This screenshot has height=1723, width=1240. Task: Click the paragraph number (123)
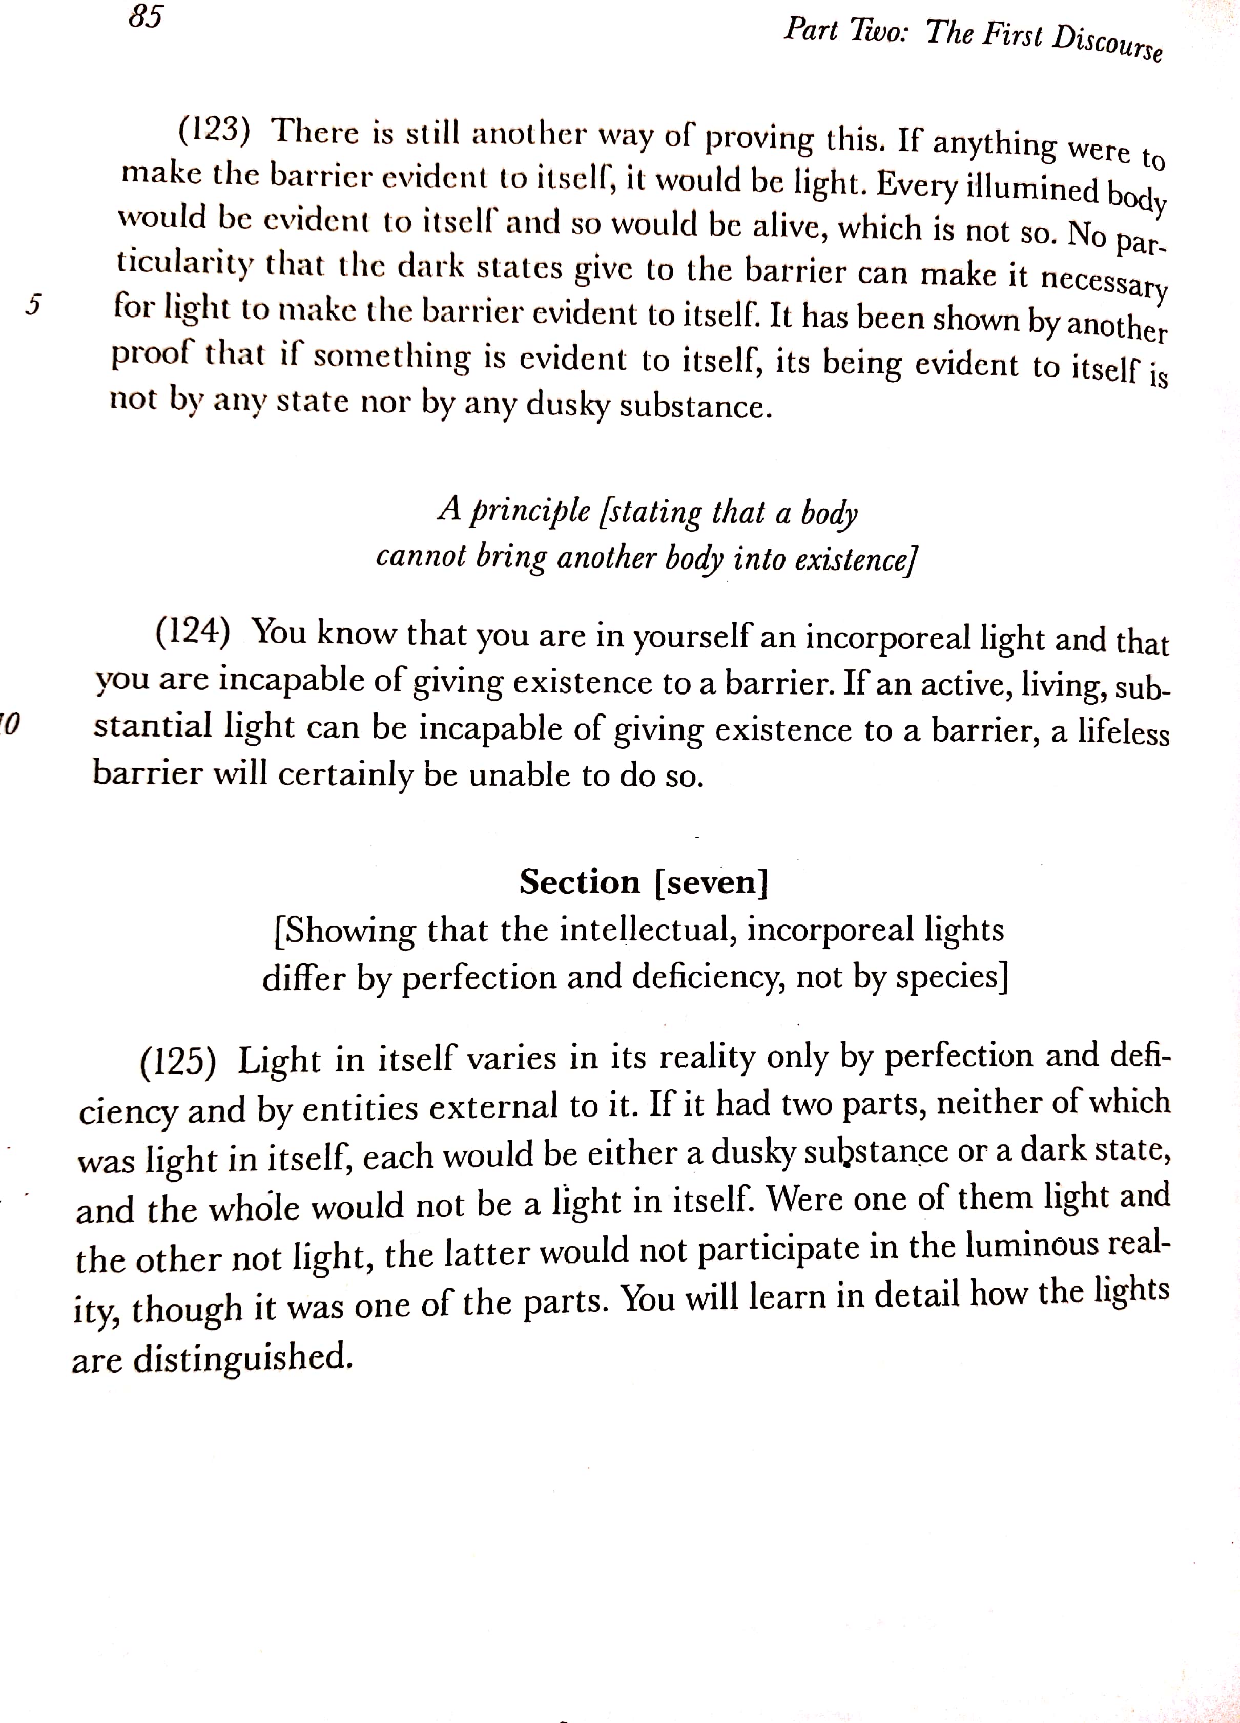point(214,130)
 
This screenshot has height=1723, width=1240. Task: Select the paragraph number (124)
point(193,632)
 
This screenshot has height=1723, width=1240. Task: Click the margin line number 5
point(32,305)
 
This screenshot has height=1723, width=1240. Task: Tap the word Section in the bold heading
point(580,882)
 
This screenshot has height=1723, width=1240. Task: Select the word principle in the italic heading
point(530,511)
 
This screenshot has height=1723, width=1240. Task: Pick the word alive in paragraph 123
point(790,226)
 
